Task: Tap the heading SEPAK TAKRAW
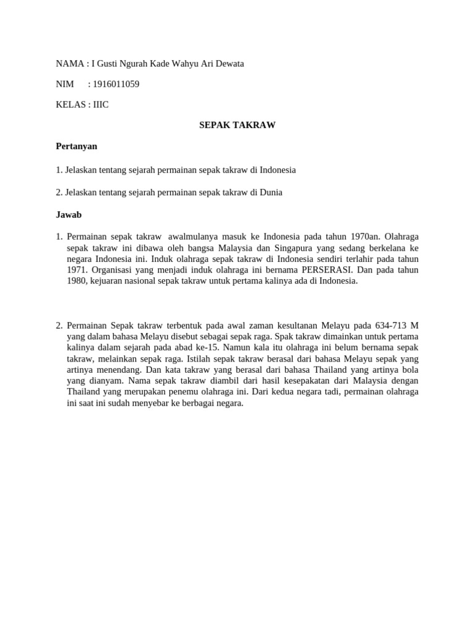pos(237,125)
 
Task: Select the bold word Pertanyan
pos(77,147)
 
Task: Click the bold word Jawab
pos(69,215)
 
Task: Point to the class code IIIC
pos(101,105)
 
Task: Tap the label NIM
pos(65,84)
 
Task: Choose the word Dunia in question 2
pos(271,193)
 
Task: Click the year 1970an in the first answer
pos(365,237)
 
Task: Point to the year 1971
pos(77,270)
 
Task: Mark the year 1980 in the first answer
pos(77,281)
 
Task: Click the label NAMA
pos(69,64)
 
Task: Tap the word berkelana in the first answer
pos(383,248)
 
